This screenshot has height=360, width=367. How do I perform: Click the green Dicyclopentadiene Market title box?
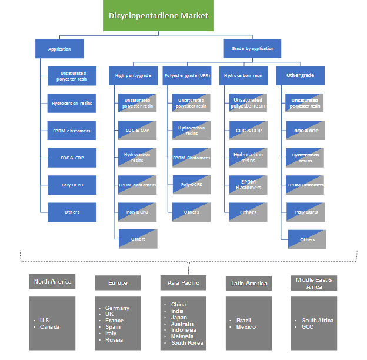point(158,16)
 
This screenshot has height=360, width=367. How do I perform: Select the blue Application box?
point(60,49)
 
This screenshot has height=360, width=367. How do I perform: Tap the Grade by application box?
point(249,49)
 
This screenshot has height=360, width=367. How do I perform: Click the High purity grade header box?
point(133,75)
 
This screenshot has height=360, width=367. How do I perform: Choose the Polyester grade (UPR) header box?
point(188,75)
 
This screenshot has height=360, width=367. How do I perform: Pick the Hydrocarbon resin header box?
point(243,75)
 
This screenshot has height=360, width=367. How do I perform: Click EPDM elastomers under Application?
point(72,131)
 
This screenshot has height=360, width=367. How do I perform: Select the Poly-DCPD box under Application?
point(72,185)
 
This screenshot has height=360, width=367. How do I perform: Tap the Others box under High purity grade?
point(138,239)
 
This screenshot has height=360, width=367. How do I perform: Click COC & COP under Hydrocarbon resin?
point(248,131)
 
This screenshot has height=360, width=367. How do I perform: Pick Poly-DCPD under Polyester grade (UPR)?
point(192,185)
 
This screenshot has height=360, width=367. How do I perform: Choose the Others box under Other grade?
point(307,239)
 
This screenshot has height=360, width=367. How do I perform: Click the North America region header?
point(52,282)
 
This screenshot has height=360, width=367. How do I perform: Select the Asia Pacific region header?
point(183,283)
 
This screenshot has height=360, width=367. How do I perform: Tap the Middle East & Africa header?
point(314,283)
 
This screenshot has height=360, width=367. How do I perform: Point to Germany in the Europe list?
point(117,308)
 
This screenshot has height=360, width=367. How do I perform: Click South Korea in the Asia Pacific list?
point(186,342)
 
